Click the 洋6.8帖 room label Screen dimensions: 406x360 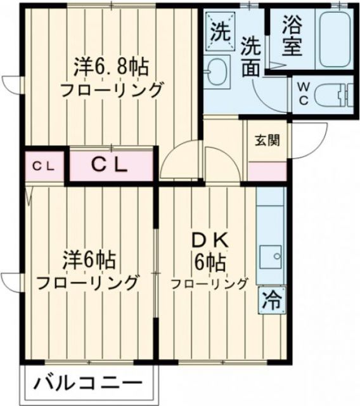pos(111,65)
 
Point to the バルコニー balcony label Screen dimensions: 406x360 pos(89,384)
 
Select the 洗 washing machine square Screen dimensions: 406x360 pos(220,31)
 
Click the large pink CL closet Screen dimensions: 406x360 pos(111,166)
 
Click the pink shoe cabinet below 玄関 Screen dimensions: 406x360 pos(268,170)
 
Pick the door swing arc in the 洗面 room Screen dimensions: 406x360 pos(266,95)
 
